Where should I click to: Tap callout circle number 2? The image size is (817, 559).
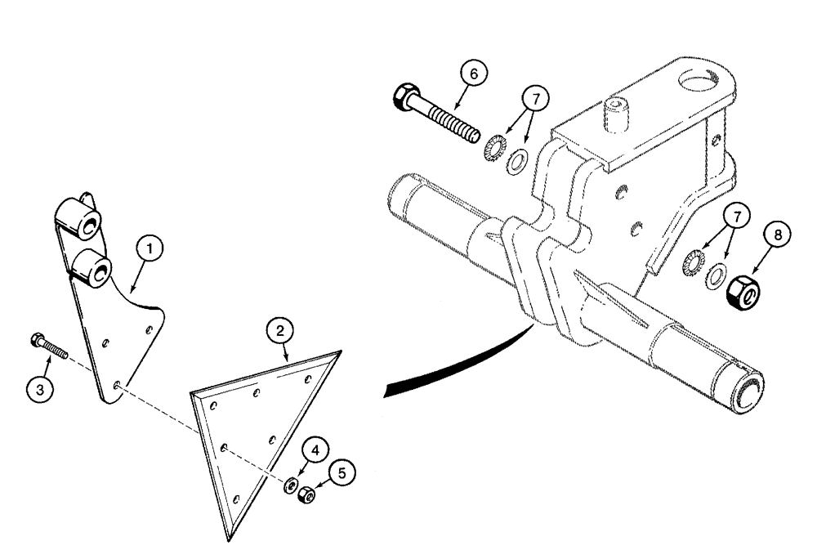[x=280, y=331]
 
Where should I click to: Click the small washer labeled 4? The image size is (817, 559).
[x=289, y=486]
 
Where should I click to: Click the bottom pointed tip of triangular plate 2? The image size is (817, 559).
[x=226, y=539]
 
